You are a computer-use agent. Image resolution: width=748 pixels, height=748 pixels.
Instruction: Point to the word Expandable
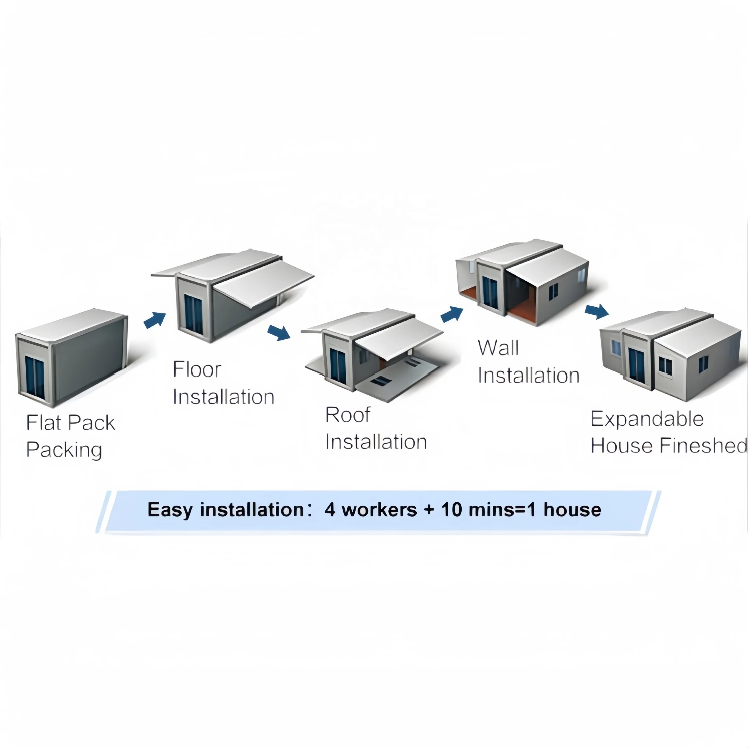[x=647, y=419]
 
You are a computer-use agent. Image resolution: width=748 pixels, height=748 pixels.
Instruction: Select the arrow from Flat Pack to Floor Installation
[x=155, y=320]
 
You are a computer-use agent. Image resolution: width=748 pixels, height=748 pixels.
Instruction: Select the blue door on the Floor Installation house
[x=193, y=314]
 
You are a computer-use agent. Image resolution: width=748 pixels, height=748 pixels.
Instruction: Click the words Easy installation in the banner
[x=225, y=509]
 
